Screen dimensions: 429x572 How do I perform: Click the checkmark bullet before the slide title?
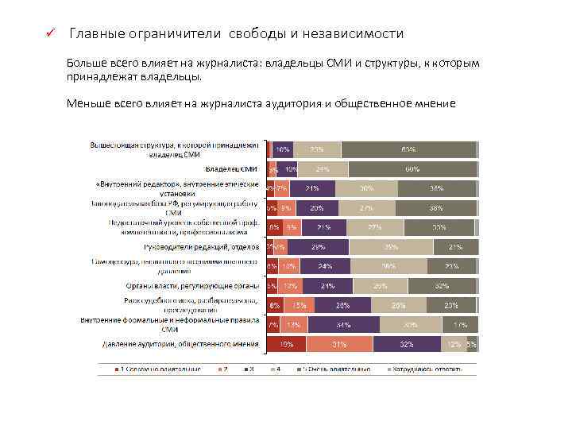48,34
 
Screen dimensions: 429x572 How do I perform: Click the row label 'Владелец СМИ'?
231,169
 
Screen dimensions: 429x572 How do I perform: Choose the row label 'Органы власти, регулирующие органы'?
191,285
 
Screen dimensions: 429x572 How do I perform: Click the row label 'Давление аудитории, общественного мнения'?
180,344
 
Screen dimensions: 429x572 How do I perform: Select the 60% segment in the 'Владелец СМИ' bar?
412,169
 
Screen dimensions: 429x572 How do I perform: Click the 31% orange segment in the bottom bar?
339,344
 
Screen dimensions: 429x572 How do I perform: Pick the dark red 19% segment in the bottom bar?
286,344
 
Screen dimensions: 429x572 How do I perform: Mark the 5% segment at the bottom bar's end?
471,344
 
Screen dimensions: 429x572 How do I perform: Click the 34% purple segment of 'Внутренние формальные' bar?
344,324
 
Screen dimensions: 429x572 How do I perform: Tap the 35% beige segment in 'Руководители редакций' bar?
391,247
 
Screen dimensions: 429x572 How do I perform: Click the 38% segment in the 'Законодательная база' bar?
435,208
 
